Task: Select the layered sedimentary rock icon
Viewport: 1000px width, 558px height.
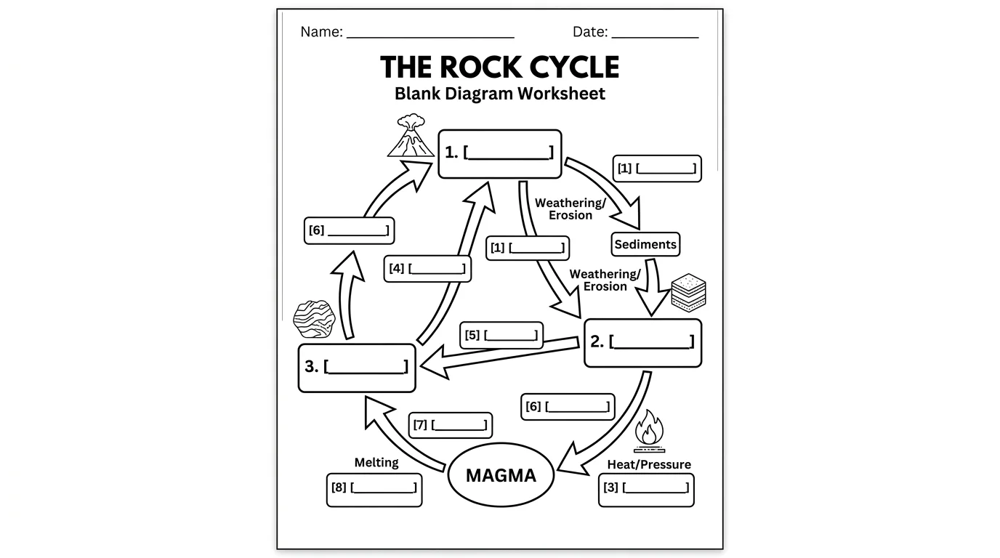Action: [687, 294]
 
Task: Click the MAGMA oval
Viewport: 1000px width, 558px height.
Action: [501, 475]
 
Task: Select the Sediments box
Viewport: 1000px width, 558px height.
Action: [645, 245]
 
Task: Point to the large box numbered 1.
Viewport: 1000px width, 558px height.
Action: [499, 153]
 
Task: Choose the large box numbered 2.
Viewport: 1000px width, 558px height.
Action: [643, 343]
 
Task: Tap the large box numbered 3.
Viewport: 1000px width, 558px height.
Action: [357, 368]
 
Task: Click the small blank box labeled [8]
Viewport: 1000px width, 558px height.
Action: [374, 489]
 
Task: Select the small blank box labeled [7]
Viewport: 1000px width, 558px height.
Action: [450, 425]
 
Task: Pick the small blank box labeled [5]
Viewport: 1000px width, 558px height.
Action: [501, 335]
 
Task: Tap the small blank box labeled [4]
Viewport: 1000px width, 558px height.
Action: [427, 269]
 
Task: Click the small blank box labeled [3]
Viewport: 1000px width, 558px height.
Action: [646, 489]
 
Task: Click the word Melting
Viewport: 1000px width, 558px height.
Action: [376, 463]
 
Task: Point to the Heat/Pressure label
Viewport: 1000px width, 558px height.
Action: [648, 464]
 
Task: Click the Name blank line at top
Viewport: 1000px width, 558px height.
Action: [430, 33]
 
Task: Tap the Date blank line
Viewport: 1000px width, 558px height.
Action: [654, 33]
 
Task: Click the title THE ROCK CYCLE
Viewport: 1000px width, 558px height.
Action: [499, 67]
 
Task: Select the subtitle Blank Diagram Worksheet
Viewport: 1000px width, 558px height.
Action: [499, 94]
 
